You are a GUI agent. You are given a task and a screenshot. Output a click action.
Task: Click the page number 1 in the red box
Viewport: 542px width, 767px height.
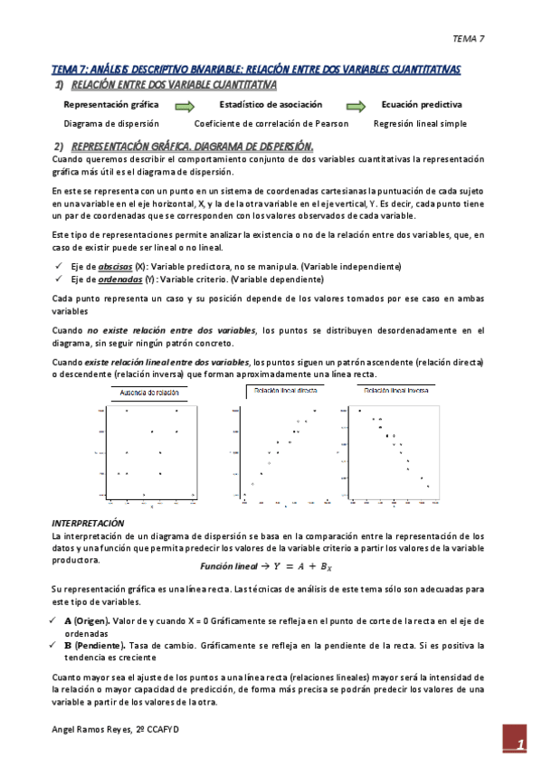point(520,744)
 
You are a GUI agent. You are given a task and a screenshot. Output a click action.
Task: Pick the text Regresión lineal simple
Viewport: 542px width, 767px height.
point(420,123)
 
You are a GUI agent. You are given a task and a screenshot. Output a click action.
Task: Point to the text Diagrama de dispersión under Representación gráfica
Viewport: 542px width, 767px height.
point(111,123)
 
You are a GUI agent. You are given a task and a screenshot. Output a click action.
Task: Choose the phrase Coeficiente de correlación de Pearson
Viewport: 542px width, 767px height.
point(271,123)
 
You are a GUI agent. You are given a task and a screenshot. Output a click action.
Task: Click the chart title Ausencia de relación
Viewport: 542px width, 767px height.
point(150,393)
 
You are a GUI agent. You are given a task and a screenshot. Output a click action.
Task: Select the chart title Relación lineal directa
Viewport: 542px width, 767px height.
point(286,390)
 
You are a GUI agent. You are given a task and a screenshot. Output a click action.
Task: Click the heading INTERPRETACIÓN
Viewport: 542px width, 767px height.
point(88,524)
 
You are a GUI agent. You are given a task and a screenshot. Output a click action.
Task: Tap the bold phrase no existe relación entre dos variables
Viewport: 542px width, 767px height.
point(172,330)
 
